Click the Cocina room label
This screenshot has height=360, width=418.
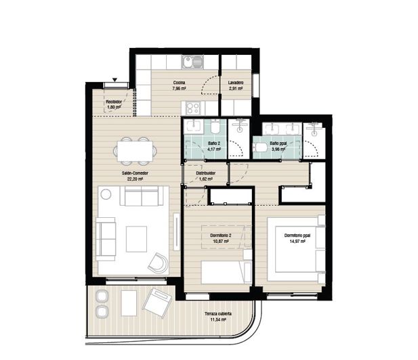click(179, 83)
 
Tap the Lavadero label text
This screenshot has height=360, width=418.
click(236, 83)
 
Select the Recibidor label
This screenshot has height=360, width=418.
click(113, 102)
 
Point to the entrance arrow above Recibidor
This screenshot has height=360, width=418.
click(114, 82)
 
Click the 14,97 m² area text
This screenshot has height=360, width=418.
click(295, 241)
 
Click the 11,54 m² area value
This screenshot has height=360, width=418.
click(218, 321)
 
